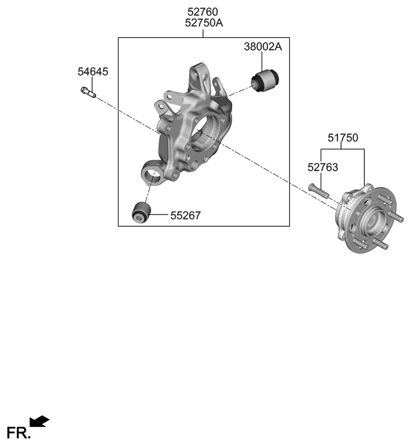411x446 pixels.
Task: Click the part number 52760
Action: [x=203, y=12]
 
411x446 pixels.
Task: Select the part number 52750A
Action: [x=203, y=23]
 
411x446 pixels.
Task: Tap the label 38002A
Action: [x=263, y=48]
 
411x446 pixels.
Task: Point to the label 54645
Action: [x=93, y=72]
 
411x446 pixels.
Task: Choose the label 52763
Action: [x=321, y=167]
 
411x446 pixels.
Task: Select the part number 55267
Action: [x=185, y=215]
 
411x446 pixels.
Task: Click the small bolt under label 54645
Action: [x=88, y=92]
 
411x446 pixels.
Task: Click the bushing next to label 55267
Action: [x=140, y=212]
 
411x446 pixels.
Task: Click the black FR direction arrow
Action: [x=40, y=421]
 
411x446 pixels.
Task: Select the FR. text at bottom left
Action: [x=19, y=433]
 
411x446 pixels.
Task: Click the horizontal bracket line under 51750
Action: [x=343, y=150]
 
